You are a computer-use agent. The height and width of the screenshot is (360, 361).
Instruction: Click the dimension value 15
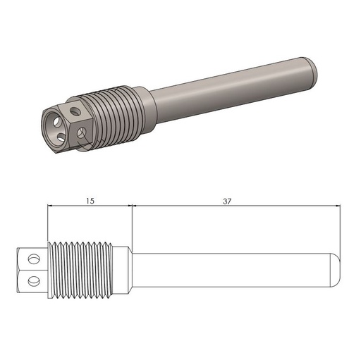pyautogui.click(x=90, y=201)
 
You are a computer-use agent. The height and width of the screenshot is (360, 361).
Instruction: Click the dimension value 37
pyautogui.click(x=226, y=201)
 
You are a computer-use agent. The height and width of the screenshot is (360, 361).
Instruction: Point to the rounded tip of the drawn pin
pyautogui.click(x=338, y=268)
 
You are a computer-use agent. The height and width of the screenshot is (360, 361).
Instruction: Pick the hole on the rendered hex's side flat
pyautogui.click(x=83, y=132)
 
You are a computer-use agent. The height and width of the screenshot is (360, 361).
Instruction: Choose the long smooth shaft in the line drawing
pyautogui.click(x=233, y=268)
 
